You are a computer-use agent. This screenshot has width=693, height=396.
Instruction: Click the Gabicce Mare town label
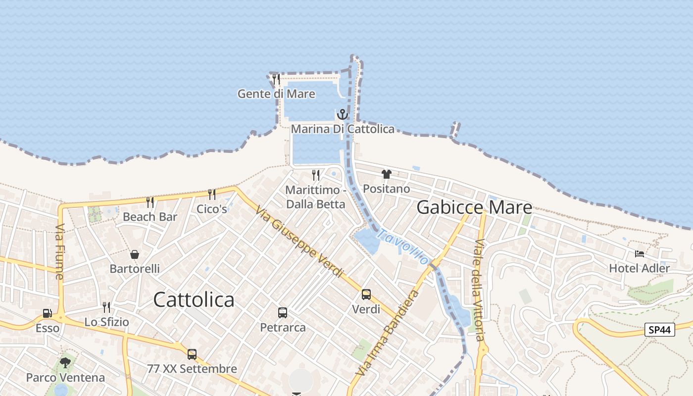(x=474, y=207)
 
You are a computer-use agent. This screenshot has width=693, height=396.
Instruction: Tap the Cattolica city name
(x=194, y=299)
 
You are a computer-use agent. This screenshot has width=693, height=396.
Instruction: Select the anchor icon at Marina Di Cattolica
(x=343, y=115)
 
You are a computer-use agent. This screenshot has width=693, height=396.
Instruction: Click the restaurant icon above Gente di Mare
(x=276, y=79)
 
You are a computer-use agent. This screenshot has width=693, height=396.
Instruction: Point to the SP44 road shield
(x=660, y=330)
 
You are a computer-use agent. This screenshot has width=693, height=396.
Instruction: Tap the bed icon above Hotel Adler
(x=639, y=254)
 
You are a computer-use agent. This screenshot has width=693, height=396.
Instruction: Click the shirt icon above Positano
(x=387, y=174)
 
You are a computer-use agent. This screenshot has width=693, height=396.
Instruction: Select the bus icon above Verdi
(x=366, y=295)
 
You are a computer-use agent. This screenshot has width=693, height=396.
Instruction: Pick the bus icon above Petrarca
(x=283, y=313)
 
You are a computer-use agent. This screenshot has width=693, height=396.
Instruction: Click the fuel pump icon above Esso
(x=48, y=313)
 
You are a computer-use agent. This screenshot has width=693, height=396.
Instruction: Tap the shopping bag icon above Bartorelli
(x=135, y=254)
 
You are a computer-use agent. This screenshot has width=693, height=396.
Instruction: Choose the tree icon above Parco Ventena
(x=65, y=363)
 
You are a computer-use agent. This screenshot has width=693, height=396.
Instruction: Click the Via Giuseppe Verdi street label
(x=299, y=241)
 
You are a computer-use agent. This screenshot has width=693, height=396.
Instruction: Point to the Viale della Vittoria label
(x=479, y=290)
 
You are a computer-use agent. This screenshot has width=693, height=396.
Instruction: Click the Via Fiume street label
(x=60, y=251)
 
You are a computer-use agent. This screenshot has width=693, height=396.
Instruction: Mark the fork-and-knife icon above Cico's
(x=212, y=194)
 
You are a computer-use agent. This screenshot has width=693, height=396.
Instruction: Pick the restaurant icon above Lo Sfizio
(x=106, y=307)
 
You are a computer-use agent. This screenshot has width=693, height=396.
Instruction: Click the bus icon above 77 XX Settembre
(x=192, y=354)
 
